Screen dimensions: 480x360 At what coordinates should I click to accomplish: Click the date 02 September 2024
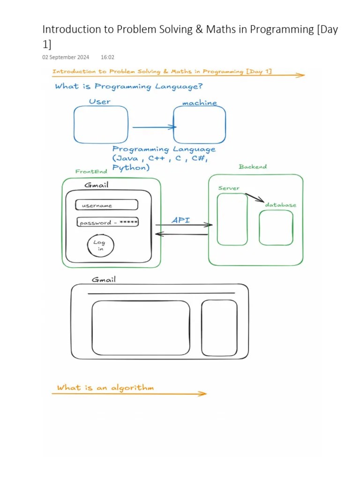(x=66, y=57)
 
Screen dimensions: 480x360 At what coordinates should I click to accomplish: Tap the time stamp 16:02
(x=107, y=57)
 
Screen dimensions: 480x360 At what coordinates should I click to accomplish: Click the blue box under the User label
(x=101, y=125)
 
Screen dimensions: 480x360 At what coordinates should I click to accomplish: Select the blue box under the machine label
(x=199, y=125)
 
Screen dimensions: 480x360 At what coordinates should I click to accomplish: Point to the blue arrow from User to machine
(x=154, y=127)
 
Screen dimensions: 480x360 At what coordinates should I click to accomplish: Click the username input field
(x=107, y=205)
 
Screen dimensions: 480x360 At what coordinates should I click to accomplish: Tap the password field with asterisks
(x=108, y=223)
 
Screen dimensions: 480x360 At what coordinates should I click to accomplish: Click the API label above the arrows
(x=181, y=220)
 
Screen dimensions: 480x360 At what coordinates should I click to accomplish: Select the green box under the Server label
(x=232, y=219)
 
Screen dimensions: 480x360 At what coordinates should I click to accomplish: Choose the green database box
(x=276, y=227)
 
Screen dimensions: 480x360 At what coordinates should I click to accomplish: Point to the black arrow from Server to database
(x=255, y=198)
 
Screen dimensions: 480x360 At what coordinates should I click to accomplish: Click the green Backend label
(x=253, y=167)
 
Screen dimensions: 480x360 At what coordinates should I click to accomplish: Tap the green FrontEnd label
(x=91, y=172)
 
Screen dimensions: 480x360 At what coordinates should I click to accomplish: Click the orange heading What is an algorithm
(x=105, y=388)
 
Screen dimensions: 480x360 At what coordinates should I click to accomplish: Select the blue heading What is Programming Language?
(x=128, y=86)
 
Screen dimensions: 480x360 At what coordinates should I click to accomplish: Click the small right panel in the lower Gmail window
(x=219, y=328)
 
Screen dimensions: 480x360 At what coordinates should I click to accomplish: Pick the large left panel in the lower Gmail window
(x=141, y=328)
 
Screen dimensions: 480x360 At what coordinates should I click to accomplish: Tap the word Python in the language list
(x=131, y=168)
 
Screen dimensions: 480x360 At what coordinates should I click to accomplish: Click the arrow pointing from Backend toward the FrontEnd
(x=181, y=233)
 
